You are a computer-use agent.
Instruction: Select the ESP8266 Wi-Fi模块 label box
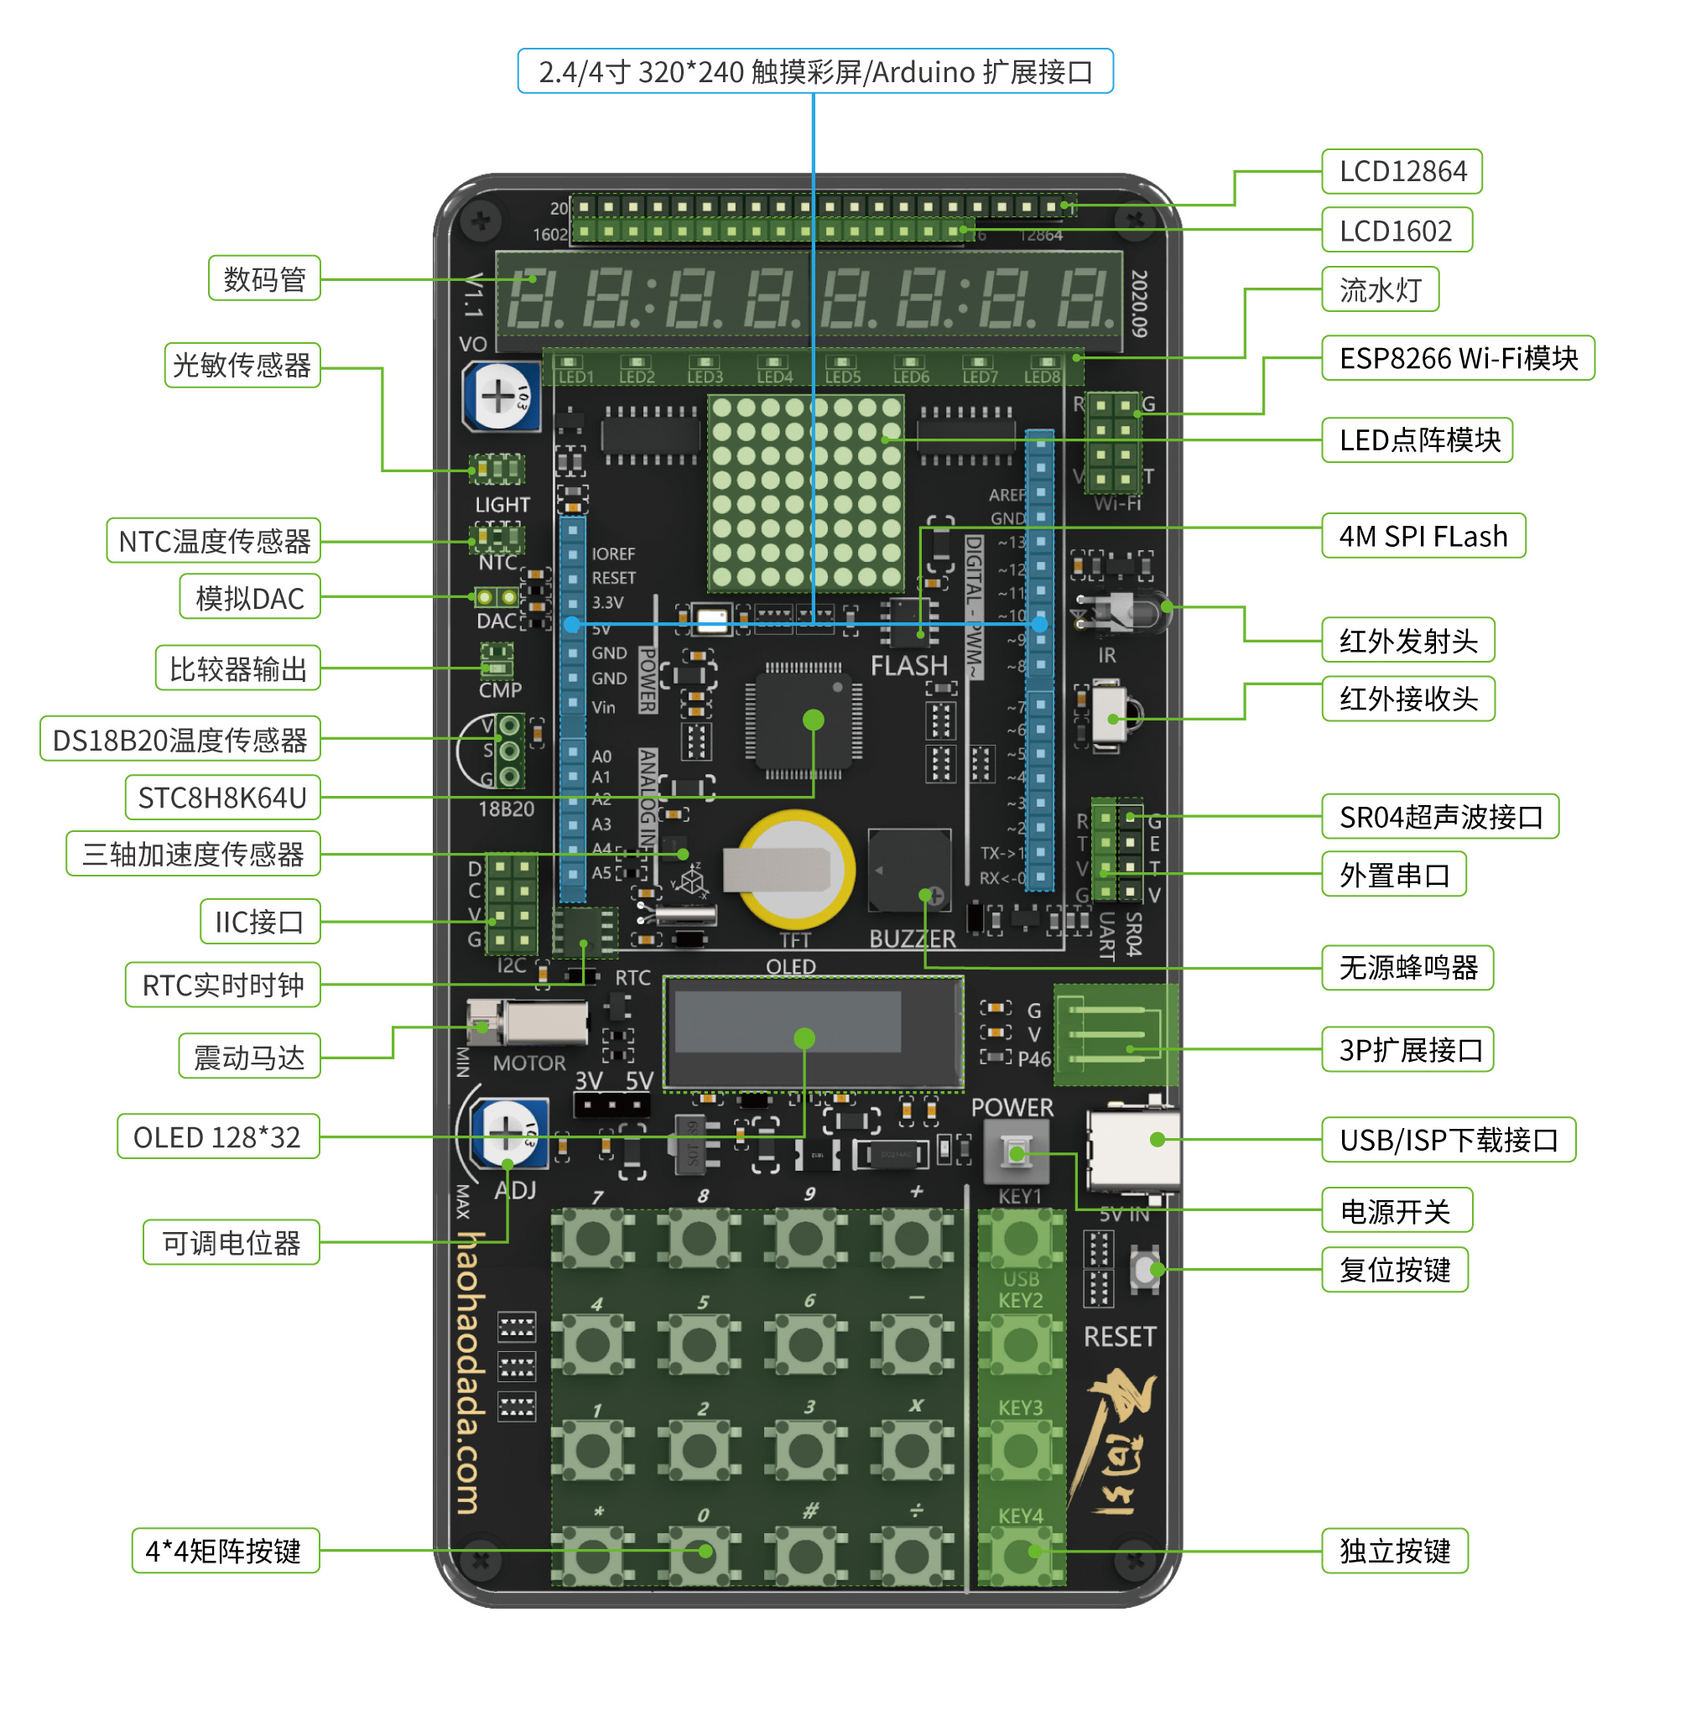1457,358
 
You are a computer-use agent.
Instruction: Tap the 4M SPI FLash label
1423,536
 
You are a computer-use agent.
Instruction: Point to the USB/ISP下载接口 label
1448,1139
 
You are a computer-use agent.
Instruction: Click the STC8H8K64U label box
221,798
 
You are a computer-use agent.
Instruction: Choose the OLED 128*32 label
217,1136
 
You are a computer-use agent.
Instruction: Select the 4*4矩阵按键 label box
225,1551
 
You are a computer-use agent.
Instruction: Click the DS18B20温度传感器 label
180,740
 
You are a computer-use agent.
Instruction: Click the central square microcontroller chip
804,720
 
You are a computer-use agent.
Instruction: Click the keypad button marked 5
699,1344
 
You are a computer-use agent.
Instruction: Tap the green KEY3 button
1021,1450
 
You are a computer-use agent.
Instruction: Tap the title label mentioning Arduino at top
815,71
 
